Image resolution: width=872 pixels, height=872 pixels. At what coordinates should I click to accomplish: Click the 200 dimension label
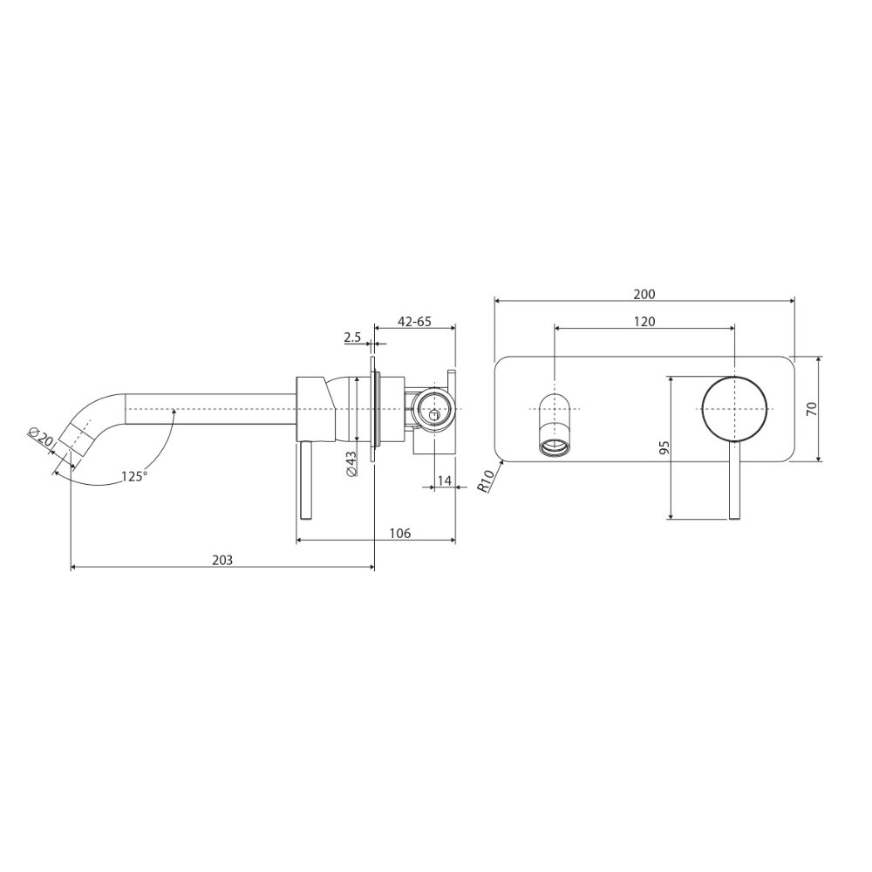(644, 294)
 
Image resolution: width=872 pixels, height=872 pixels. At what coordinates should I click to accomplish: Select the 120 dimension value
(644, 322)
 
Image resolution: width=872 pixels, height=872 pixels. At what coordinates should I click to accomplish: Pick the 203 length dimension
(222, 560)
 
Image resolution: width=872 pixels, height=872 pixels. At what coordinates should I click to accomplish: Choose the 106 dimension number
(400, 534)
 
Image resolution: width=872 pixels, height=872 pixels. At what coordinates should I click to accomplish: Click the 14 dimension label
(445, 480)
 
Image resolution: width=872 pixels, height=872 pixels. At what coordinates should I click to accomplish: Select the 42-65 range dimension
(414, 322)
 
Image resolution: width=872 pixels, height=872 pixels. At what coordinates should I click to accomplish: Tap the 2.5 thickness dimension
(352, 337)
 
